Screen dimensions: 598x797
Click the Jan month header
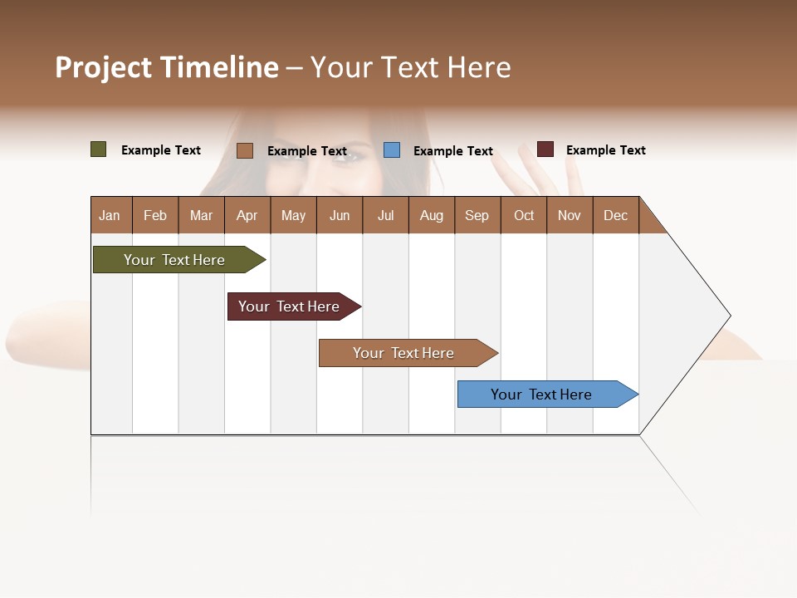(110, 215)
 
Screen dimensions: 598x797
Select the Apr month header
(247, 215)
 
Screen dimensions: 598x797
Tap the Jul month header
(385, 215)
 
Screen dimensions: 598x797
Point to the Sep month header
(477, 215)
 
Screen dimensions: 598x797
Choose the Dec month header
(615, 215)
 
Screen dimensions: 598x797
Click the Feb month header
(155, 215)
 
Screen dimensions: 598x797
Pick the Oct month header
(524, 215)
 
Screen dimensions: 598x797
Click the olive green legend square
(99, 149)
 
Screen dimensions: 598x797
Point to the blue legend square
(392, 150)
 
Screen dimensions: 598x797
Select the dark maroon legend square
(545, 149)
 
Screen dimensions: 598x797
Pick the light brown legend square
(245, 150)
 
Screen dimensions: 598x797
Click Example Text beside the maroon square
(605, 150)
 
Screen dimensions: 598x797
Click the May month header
(293, 215)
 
